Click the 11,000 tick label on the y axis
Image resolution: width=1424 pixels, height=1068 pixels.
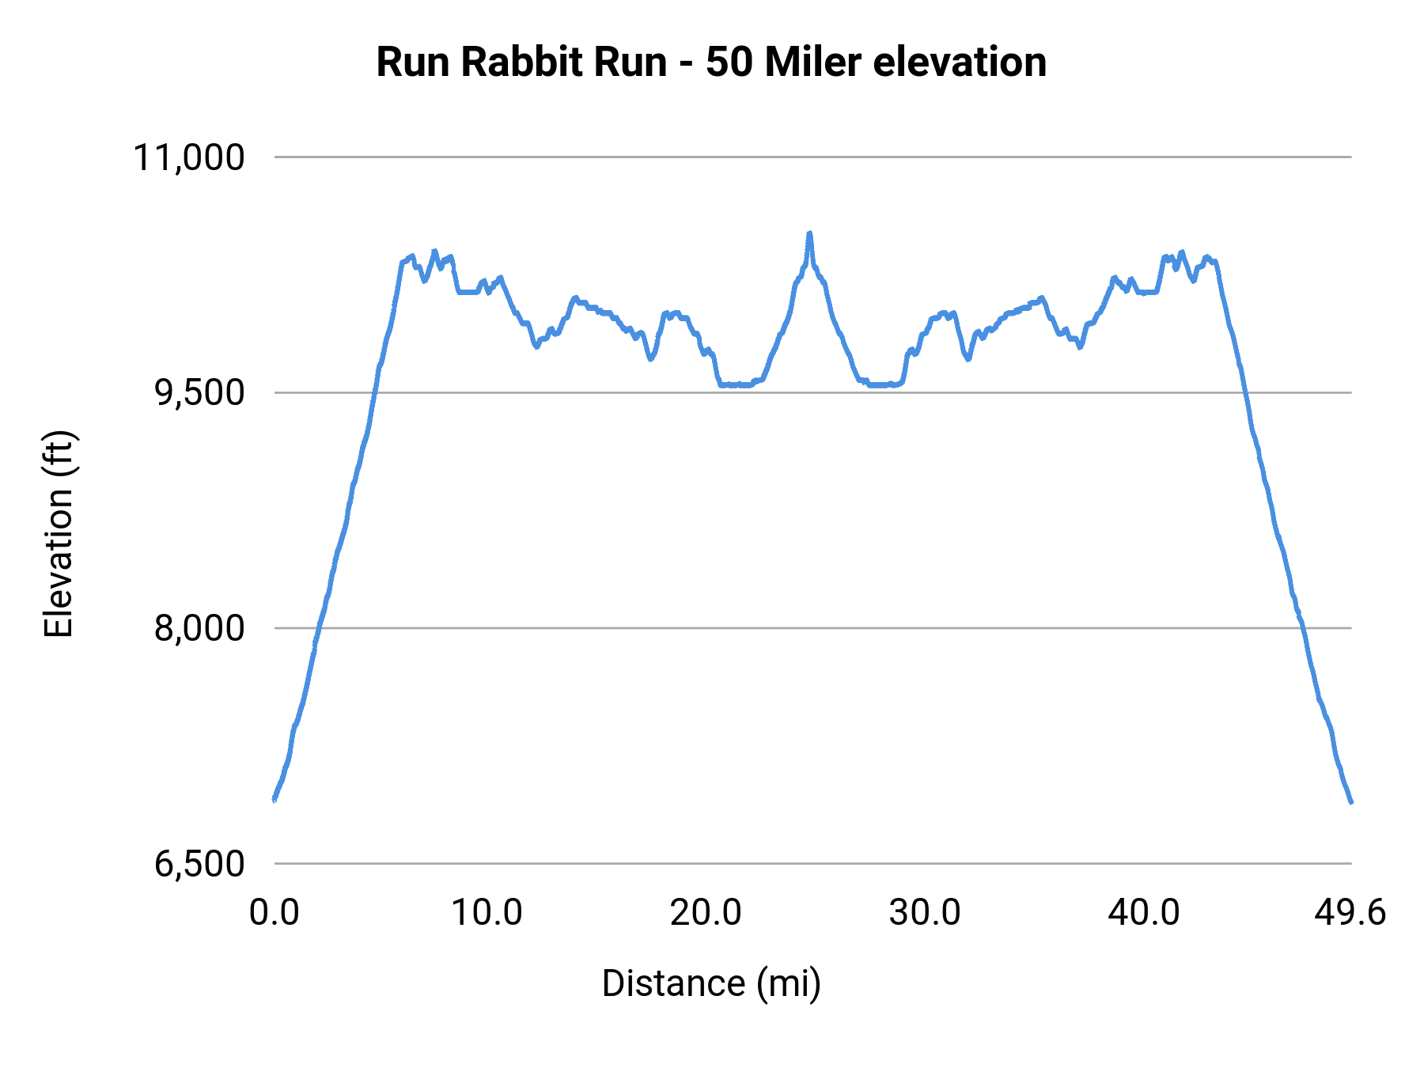click(x=188, y=157)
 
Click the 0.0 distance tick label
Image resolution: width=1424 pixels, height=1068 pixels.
click(x=274, y=913)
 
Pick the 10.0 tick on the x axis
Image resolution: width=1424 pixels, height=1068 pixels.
click(x=487, y=913)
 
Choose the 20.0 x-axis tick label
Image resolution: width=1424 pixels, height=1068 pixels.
click(x=706, y=913)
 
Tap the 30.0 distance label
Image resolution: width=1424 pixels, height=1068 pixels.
click(x=924, y=913)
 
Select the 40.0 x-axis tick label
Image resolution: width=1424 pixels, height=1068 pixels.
click(x=1143, y=913)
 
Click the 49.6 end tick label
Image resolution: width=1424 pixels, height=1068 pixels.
click(x=1350, y=913)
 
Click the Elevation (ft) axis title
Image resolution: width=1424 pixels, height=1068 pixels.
click(x=59, y=535)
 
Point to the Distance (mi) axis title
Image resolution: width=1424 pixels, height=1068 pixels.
click(x=711, y=983)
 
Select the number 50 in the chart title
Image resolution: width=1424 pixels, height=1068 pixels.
click(x=729, y=62)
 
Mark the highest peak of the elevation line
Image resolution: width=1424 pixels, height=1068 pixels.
click(x=809, y=233)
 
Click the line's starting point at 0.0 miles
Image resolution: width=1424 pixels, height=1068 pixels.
click(x=275, y=800)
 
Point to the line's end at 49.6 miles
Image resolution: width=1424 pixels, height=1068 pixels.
click(x=1351, y=801)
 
